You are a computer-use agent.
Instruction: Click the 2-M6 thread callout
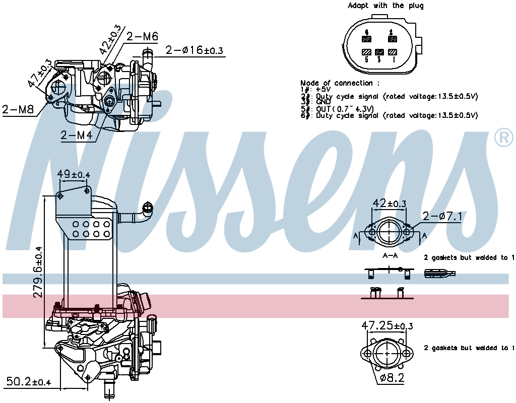click(142, 36)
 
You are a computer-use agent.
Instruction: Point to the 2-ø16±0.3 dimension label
click(195, 50)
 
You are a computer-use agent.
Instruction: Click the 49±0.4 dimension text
click(73, 174)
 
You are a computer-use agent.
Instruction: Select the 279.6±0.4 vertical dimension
click(38, 272)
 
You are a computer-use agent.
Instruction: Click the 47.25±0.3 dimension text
click(387, 326)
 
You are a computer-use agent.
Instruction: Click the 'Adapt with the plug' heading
click(385, 6)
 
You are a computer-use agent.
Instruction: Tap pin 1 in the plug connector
click(393, 52)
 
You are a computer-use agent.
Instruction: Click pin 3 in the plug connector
click(380, 52)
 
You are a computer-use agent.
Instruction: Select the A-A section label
click(390, 256)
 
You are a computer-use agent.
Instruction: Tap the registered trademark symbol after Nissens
click(503, 138)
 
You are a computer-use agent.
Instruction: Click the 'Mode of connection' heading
click(340, 83)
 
